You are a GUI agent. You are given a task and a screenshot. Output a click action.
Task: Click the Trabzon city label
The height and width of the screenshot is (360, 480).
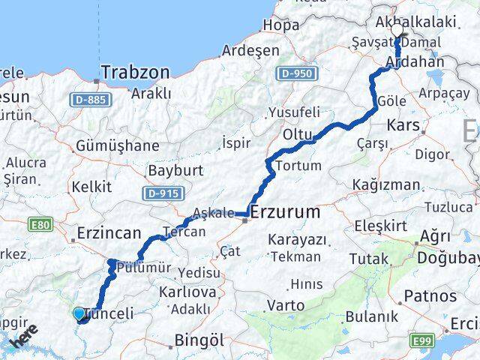tap(135, 72)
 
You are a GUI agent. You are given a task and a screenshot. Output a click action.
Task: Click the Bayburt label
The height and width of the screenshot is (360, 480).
tap(175, 171)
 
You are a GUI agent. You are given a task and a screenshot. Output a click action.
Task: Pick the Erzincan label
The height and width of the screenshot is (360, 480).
tap(109, 233)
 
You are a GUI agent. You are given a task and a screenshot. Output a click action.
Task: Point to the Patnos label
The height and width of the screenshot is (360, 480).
tap(428, 296)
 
